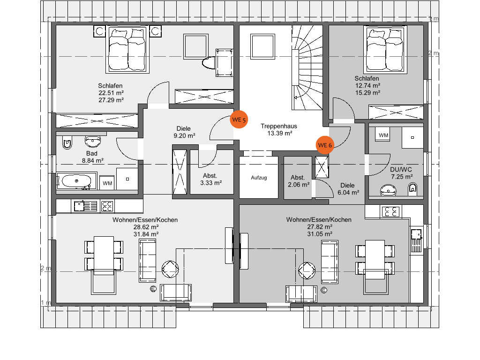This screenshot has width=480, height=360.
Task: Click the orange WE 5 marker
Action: point(239,120)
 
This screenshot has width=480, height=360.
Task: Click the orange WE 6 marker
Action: point(325,145)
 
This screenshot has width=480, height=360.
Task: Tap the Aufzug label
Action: point(259,178)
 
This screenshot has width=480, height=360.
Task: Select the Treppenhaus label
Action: point(279,126)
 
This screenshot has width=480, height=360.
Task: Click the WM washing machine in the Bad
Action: point(107,183)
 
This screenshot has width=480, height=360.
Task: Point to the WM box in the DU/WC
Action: point(383,135)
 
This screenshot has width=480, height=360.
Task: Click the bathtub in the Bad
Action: point(76,181)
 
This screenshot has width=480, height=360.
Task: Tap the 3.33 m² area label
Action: point(211,183)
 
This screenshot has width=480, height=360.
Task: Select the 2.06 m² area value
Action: point(299,185)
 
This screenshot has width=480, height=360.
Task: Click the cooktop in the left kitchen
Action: point(107,206)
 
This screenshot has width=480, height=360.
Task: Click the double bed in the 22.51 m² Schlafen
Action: point(127,49)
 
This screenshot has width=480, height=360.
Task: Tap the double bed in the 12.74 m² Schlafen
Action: point(385,50)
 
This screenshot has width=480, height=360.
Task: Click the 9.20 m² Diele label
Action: point(184,132)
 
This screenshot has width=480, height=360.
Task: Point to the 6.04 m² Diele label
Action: point(348,189)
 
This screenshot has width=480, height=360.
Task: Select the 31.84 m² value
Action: point(146,234)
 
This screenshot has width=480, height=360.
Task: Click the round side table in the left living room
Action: point(170,269)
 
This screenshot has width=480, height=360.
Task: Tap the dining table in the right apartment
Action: point(375,260)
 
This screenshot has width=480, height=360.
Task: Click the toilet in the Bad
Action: point(67,142)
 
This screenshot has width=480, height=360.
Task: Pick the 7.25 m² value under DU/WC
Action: point(402,177)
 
